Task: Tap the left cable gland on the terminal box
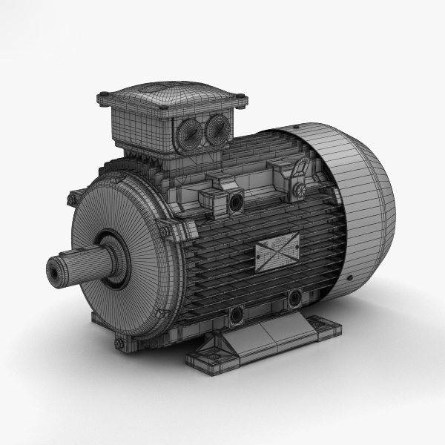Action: coord(188,133)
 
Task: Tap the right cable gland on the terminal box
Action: coord(217,129)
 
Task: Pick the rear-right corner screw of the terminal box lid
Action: coord(240,96)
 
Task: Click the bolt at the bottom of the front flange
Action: coord(119,343)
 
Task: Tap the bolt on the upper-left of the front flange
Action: coord(72,199)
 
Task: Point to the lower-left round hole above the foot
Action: coord(237,315)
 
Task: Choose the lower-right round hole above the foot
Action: coord(295,298)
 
